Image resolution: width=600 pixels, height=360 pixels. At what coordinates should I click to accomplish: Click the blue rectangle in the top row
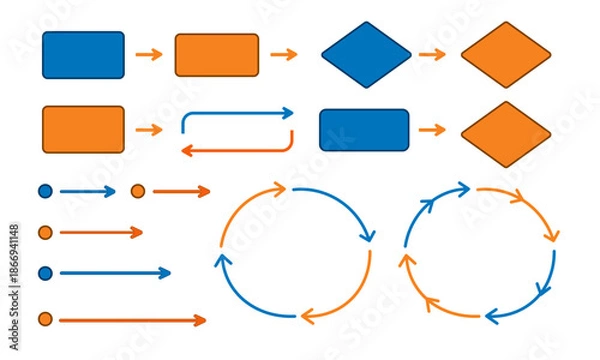point(83,55)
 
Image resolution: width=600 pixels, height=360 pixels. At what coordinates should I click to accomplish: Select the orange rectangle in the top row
point(216,55)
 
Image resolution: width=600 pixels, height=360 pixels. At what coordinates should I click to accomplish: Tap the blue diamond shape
point(366,55)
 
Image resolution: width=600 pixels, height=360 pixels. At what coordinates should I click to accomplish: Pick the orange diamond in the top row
point(506,55)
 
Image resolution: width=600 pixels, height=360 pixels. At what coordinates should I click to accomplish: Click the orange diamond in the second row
point(506,133)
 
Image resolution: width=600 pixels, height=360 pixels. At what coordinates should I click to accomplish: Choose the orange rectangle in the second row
point(83,130)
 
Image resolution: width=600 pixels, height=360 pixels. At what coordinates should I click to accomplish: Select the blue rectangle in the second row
point(364,130)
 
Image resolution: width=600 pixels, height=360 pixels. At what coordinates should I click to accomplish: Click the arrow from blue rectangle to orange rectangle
point(149,55)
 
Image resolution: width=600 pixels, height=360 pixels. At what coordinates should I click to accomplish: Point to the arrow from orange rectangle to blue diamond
point(284,55)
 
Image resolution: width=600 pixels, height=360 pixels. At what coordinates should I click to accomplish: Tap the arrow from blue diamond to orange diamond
point(432,55)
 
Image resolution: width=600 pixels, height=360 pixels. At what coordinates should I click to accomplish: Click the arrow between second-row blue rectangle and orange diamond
point(432,130)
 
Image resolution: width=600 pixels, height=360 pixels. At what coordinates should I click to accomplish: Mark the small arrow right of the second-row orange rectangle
point(149,130)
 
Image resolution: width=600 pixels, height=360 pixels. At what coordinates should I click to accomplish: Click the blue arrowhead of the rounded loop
point(288,113)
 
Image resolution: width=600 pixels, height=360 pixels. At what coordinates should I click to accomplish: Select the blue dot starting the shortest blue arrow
point(45,191)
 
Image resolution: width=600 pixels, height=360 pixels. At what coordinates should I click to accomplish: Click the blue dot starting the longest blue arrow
point(45,272)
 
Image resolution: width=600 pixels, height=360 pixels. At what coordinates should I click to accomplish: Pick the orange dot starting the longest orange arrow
point(45,320)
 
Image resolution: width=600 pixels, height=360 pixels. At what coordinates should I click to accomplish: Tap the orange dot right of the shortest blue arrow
point(138,191)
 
